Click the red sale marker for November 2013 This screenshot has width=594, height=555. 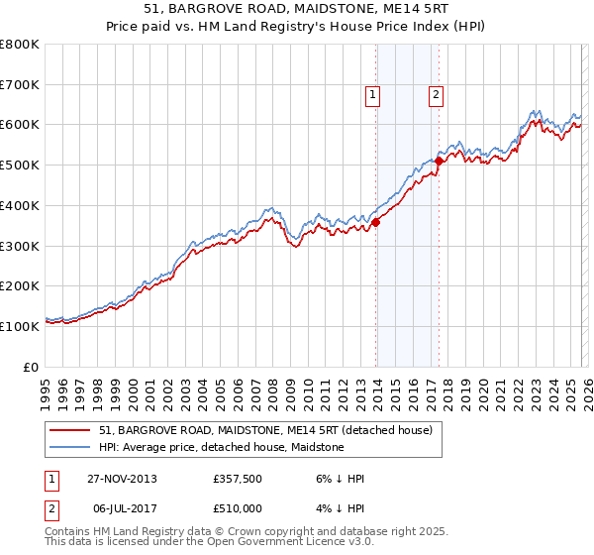376,222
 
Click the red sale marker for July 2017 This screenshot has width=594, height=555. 439,161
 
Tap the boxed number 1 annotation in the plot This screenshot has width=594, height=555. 373,95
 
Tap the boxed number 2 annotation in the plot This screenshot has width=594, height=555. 436,95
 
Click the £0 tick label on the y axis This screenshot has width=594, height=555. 33,367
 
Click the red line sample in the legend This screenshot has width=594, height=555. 70,431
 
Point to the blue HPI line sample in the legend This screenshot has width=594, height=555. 70,448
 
